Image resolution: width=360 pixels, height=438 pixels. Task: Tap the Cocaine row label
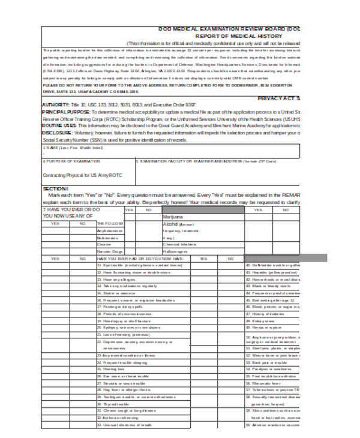(105, 244)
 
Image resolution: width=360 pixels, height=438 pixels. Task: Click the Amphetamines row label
(110, 230)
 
